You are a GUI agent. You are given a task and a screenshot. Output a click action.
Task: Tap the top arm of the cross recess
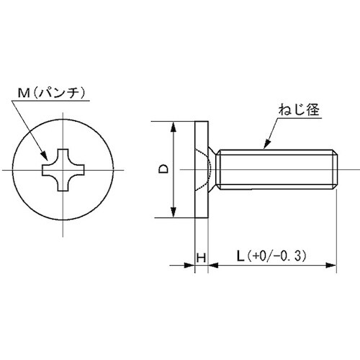coord(63,156)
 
